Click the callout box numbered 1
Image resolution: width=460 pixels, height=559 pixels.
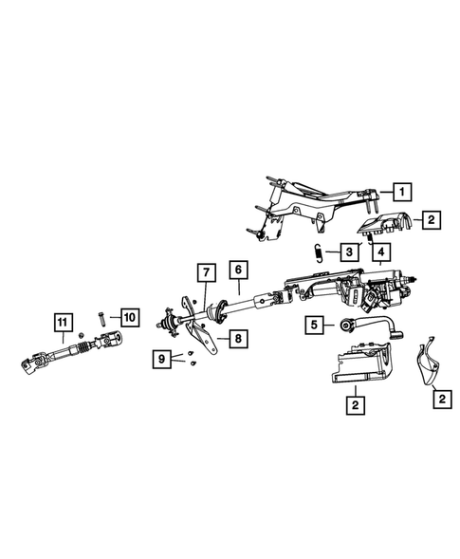[x=403, y=192]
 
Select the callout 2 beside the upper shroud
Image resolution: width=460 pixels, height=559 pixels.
[x=432, y=221]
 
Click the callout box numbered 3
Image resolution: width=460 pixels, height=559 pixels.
[x=351, y=252]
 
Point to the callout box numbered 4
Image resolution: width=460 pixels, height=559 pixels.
[x=381, y=252]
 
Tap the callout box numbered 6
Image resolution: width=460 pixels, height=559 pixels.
[x=237, y=271]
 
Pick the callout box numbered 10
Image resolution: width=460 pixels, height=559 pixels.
[x=130, y=316]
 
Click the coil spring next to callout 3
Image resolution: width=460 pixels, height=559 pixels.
[x=320, y=252]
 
